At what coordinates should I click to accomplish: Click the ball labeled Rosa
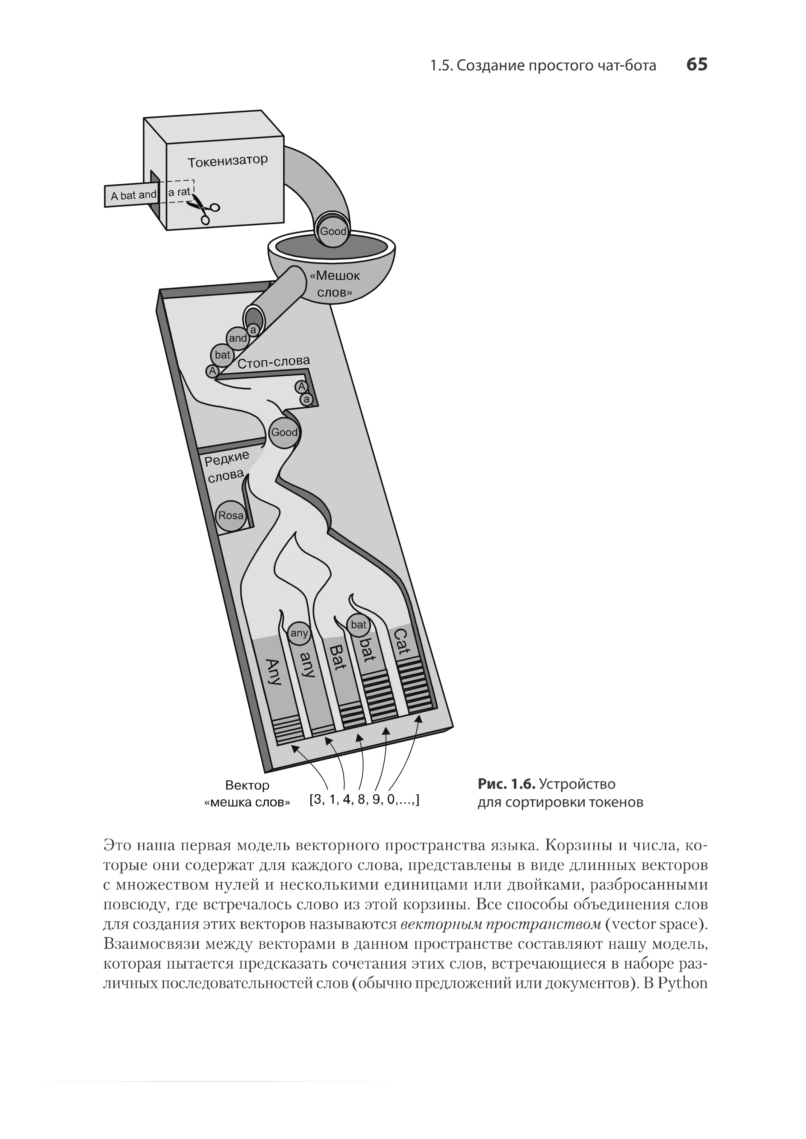pyautogui.click(x=231, y=516)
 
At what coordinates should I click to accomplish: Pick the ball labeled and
pyautogui.click(x=238, y=338)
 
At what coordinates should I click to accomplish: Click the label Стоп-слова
pyautogui.click(x=273, y=362)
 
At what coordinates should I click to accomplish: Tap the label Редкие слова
pyautogui.click(x=226, y=467)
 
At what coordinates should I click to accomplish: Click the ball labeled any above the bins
pyautogui.click(x=299, y=633)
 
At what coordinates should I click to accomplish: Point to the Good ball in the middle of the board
pyautogui.click(x=285, y=432)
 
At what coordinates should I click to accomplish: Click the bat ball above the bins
pyautogui.click(x=358, y=625)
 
